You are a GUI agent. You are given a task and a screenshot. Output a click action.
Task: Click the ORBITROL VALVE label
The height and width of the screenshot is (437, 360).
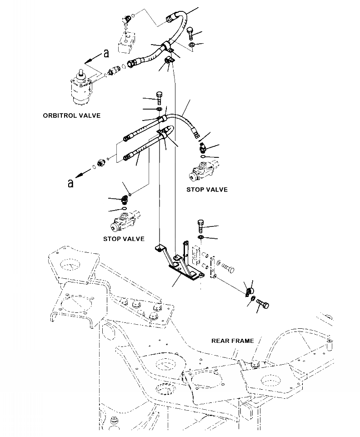[72, 116]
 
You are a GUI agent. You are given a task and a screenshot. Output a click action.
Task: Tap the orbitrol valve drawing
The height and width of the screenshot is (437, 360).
[80, 87]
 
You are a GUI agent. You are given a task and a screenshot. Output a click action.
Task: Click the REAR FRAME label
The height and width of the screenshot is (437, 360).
[233, 341]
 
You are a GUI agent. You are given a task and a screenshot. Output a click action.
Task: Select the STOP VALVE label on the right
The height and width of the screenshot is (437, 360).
[207, 190]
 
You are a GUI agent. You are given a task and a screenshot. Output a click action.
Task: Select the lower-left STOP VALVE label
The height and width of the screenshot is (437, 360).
[124, 239]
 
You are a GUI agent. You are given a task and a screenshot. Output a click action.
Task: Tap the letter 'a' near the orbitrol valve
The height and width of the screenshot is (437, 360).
[106, 53]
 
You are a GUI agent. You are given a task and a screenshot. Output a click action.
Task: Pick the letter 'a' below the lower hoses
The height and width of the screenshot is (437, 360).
[71, 183]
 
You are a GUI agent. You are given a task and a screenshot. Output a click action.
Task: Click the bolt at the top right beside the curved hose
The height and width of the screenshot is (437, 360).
[190, 34]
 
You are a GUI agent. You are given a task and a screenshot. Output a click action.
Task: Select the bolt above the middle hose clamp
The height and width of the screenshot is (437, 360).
[159, 97]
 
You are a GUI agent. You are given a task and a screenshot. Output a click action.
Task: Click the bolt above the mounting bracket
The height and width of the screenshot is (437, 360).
[200, 226]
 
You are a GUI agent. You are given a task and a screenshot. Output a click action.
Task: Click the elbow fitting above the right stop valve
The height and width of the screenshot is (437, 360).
[203, 147]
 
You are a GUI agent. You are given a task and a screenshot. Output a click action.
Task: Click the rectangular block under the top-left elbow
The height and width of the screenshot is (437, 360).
[126, 42]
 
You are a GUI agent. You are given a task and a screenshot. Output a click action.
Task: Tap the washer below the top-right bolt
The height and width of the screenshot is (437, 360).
[192, 45]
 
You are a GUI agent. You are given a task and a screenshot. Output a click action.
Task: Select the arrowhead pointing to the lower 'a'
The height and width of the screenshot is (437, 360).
[79, 176]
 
